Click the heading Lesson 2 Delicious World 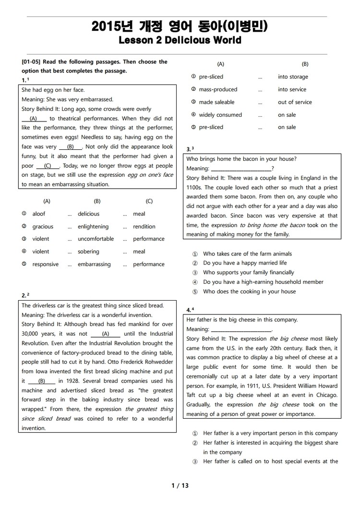click(180, 41)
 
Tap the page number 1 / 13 click(180, 485)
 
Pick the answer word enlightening click(93, 227)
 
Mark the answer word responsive click(45, 264)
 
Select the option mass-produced click(218, 89)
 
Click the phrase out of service click(295, 102)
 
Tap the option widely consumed click(220, 115)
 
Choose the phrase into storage click(293, 77)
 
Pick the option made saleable click(216, 102)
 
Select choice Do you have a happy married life click(245, 263)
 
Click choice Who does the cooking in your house click(249, 291)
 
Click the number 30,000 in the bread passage click(31, 334)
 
